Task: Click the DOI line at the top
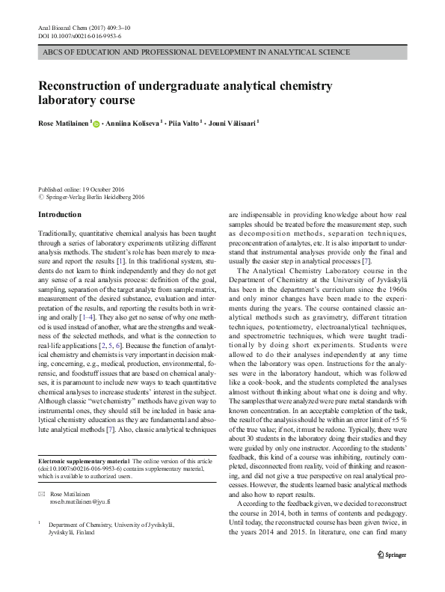(x=79, y=36)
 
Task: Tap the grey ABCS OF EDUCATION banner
(x=222, y=53)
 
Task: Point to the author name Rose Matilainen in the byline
(x=64, y=121)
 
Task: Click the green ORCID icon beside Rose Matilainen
(x=96, y=122)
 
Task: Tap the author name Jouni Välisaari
(x=233, y=121)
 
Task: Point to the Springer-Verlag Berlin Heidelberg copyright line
(x=93, y=198)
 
